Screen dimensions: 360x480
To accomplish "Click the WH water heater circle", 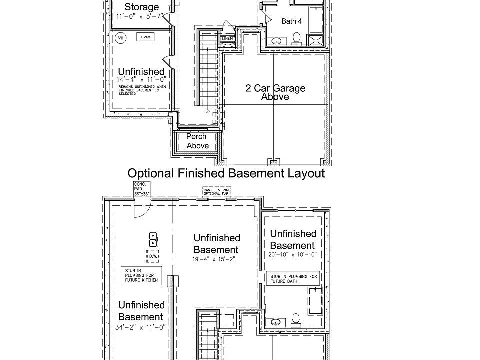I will click(120, 38).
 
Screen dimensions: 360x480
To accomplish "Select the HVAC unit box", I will click(144, 38).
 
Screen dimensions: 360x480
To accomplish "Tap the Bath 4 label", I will click(291, 21).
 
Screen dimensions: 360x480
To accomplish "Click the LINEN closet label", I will click(227, 38).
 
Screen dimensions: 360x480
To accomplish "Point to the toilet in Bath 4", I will click(296, 38).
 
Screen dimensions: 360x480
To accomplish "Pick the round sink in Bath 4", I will click(276, 40).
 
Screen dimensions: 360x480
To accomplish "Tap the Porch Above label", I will click(197, 141).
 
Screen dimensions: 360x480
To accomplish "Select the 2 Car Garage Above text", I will click(275, 92).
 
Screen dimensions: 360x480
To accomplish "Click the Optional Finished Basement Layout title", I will click(226, 173).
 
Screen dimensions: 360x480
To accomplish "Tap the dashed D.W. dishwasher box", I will click(153, 256).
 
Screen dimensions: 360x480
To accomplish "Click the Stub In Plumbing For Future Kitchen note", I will click(141, 275).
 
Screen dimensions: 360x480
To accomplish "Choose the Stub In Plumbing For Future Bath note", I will click(293, 278).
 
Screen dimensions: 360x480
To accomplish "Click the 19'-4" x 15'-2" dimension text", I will click(216, 260).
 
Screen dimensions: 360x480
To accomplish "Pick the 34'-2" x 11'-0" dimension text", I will click(141, 328).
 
